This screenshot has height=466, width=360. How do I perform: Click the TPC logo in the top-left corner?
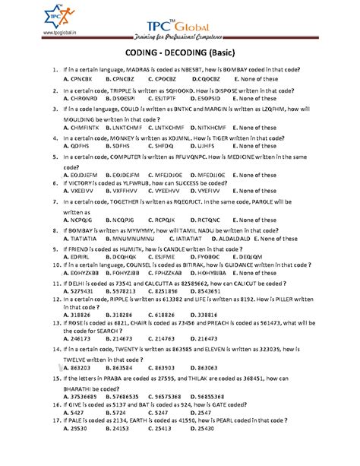[17, 17]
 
